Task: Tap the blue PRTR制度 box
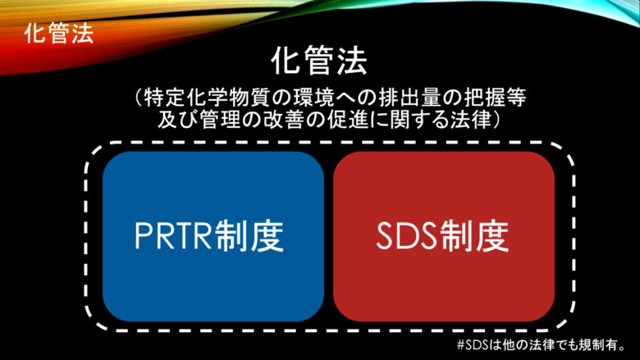pyautogui.click(x=213, y=236)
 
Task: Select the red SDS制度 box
pyautogui.click(x=444, y=236)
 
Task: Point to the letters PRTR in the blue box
pyautogui.click(x=175, y=237)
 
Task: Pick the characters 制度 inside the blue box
pyautogui.click(x=250, y=236)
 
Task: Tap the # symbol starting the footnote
pyautogui.click(x=460, y=346)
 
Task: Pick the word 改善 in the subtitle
pyautogui.click(x=272, y=120)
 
